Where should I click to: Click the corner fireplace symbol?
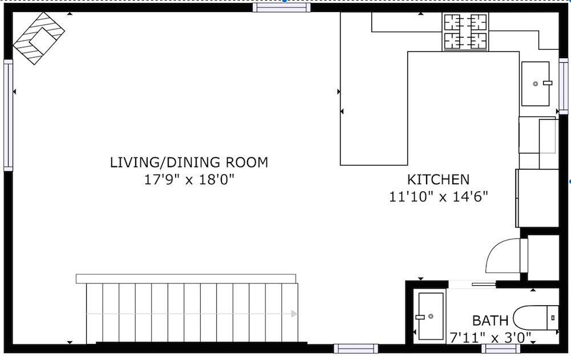tap(39, 38)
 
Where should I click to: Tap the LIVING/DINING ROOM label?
tap(189, 163)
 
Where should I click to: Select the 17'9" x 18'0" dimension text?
tap(189, 179)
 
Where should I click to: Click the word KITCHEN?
tap(438, 180)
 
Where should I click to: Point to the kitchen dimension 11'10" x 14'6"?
tap(438, 197)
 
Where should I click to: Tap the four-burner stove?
tap(465, 32)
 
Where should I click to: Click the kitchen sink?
tap(535, 84)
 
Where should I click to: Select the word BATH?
tap(490, 321)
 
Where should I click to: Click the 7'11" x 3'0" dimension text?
tap(490, 338)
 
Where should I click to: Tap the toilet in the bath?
tap(536, 318)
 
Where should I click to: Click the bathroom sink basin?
tap(431, 316)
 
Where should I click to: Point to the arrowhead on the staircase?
tap(294, 314)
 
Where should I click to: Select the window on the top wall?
tap(282, 7)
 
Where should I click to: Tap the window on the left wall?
tap(8, 115)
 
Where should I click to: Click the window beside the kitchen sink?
tap(563, 86)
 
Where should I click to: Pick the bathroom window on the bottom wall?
tap(501, 349)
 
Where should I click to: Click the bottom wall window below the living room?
tap(356, 349)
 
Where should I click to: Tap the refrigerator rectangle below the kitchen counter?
tap(537, 198)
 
